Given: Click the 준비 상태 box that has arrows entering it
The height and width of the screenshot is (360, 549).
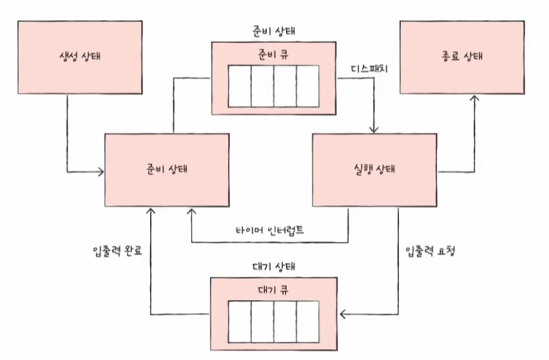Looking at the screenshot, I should click(167, 171).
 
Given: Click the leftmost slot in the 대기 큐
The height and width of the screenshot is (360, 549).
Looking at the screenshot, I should click(239, 320).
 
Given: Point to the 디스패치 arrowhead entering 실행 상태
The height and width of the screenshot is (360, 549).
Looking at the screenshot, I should click(374, 129).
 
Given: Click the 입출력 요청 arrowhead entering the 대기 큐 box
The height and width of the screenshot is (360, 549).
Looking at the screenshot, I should click(343, 314).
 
